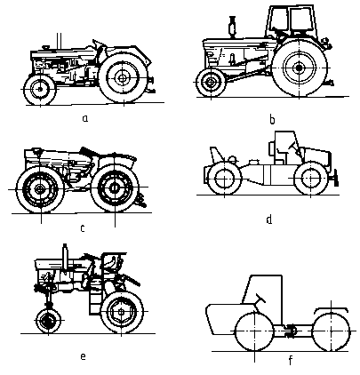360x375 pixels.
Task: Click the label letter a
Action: pos(85,118)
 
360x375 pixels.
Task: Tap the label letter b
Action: pos(272,119)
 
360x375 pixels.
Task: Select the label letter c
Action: pos(83,228)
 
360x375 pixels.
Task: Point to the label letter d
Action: pos(269,219)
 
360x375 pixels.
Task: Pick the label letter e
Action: pos(83,356)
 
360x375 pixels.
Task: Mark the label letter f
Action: pos(291,361)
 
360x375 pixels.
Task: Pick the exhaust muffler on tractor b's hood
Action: pos(233,27)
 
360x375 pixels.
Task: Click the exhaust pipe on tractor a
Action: pos(60,41)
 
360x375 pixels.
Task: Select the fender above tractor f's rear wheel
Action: pos(331,309)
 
